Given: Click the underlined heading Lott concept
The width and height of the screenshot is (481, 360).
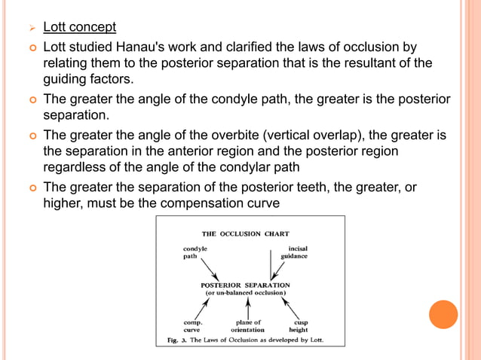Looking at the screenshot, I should (79, 28).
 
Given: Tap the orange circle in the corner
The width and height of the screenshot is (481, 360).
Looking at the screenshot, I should (443, 314).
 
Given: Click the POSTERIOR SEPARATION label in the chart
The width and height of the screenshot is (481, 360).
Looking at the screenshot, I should (245, 285).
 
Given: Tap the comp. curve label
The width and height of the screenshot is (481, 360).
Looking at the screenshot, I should (194, 325).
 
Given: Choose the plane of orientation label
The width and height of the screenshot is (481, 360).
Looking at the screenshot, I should (247, 325).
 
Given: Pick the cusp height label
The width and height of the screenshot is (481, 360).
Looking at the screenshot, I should (299, 325).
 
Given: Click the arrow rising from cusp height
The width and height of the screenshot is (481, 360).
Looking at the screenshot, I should (291, 307).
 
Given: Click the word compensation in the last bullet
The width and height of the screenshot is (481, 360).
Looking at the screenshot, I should (236, 203).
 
